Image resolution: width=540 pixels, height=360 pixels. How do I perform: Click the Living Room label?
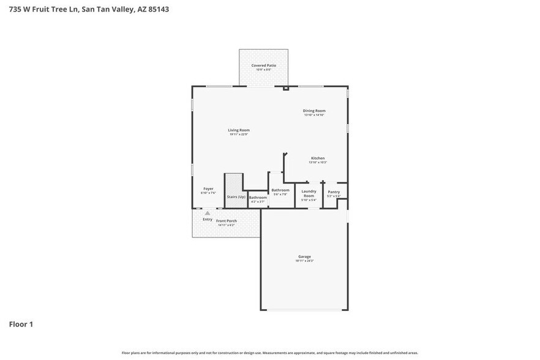(239, 130)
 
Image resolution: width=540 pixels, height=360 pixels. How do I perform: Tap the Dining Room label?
(313, 111)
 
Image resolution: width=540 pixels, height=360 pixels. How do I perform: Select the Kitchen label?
(317, 158)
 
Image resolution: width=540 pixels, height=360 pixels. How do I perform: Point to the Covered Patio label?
(263, 66)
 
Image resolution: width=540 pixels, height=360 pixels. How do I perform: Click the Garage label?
(304, 257)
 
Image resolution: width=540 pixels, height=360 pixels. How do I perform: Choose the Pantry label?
(333, 192)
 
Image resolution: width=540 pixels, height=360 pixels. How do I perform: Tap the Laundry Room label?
(309, 193)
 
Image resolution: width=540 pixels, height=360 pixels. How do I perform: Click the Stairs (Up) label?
(236, 197)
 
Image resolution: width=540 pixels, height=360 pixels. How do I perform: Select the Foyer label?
(208, 189)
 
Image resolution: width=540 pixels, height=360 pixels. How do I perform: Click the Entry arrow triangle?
(208, 213)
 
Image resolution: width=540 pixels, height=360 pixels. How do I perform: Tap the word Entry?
(208, 219)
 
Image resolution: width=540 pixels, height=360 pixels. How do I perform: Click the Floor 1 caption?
(21, 324)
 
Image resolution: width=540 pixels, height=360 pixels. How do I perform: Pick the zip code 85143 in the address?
(158, 10)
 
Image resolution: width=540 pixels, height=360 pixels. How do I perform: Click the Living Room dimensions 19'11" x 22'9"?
(239, 135)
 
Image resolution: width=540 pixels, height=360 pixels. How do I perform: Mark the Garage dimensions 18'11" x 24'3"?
(304, 261)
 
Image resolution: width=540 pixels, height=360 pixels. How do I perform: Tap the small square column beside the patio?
(286, 89)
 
